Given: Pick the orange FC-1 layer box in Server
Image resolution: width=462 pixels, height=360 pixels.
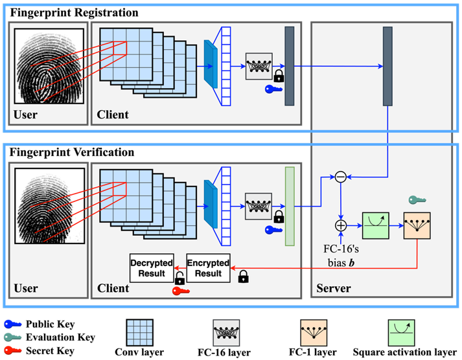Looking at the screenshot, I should pyautogui.click(x=417, y=226).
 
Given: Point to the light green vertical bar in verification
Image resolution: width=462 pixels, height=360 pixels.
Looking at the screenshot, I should pyautogui.click(x=289, y=207).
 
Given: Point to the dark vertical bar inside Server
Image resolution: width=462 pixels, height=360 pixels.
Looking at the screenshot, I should pyautogui.click(x=387, y=65).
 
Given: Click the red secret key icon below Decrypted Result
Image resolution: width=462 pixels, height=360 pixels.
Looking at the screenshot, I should pyautogui.click(x=180, y=291).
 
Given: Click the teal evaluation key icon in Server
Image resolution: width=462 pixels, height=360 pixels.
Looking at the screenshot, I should pyautogui.click(x=415, y=200).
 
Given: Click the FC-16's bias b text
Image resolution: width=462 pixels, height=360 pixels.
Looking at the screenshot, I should pyautogui.click(x=340, y=253).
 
